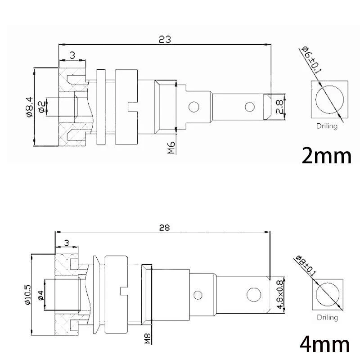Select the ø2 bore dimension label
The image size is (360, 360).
[41, 107]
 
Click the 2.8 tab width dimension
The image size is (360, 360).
[279, 107]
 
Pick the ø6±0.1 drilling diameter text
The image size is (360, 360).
[311, 59]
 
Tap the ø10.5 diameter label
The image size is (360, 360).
[29, 295]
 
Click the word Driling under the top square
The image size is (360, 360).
[327, 126]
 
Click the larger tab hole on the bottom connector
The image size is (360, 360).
[254, 295]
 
